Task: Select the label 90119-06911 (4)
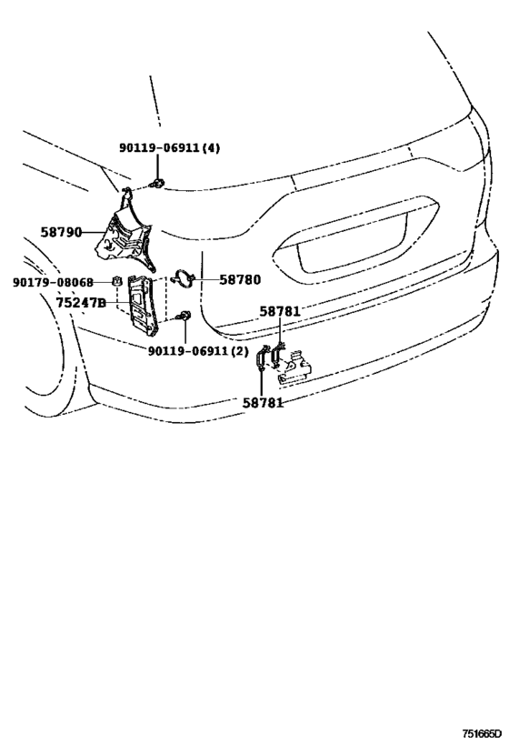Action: [x=169, y=148]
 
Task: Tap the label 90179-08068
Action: [x=54, y=282]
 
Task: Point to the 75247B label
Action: [x=81, y=302]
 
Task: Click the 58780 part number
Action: [x=239, y=280]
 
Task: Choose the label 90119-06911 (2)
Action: [x=198, y=349]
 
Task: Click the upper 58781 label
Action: [x=279, y=311]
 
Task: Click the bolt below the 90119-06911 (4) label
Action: [x=158, y=185]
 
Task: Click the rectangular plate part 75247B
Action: [x=144, y=300]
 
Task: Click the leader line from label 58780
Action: [x=205, y=280]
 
